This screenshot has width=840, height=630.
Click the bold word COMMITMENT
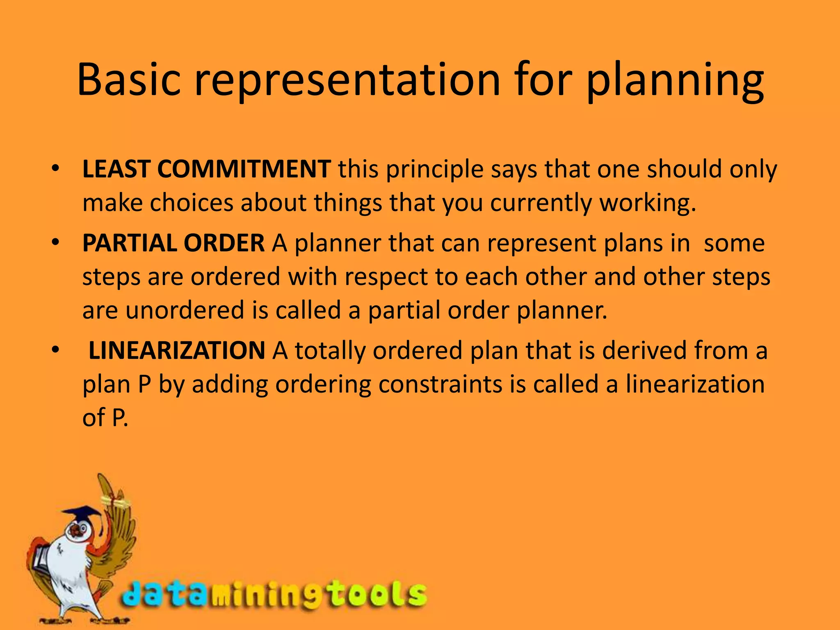[244, 169]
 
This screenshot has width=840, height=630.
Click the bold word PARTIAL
[129, 243]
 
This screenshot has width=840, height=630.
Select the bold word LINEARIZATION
[177, 351]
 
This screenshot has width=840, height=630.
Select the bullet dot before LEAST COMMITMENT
[56, 169]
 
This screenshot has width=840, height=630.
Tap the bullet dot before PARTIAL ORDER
[56, 243]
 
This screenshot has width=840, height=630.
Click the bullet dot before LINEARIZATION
[56, 350]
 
